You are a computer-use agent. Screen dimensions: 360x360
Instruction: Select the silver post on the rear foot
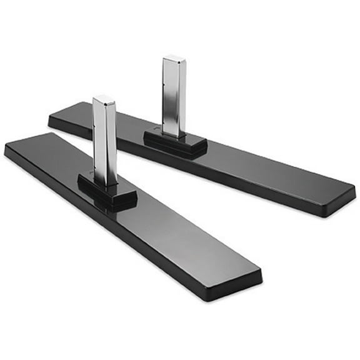coord(174,97)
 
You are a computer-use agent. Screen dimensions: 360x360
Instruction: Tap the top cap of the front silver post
coord(102,99)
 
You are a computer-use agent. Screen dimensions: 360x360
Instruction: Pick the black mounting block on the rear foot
coord(176,143)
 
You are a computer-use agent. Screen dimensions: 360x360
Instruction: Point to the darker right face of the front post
coord(111,142)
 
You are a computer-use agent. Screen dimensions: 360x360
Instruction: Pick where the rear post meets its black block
coord(174,134)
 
